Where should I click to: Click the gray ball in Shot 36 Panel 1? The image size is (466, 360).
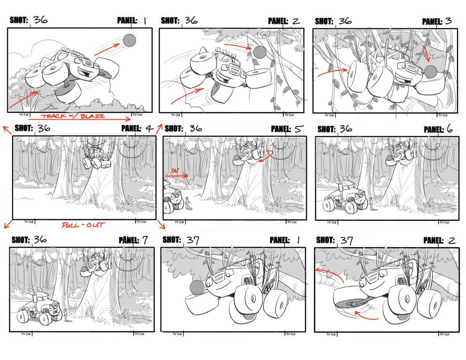pos(129,40)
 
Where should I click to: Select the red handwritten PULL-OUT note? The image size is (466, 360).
pos(82,225)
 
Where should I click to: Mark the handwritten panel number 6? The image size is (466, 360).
pos(450,129)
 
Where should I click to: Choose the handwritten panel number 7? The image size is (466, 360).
pos(144,240)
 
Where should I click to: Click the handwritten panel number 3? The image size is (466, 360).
pos(449,21)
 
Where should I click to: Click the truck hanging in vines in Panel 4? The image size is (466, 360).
pos(96,156)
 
